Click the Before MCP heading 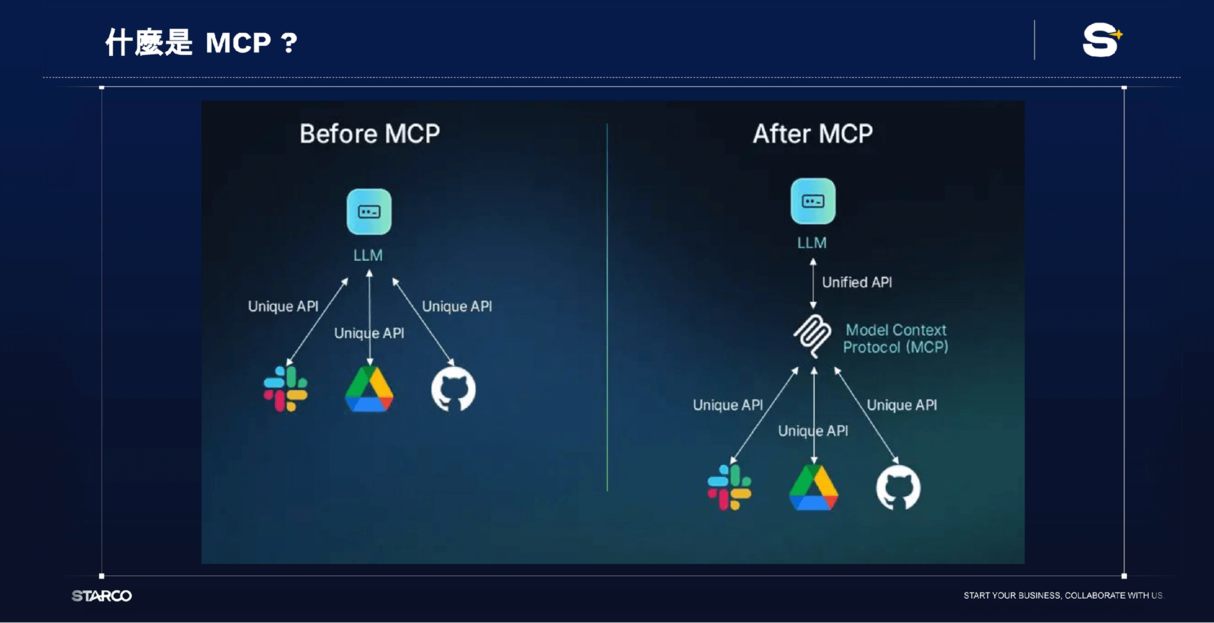369,134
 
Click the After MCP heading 813,134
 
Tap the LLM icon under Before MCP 369,212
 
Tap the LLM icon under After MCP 813,201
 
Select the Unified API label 856,282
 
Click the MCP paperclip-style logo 812,336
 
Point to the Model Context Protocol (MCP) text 895,339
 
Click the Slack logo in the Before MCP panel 285,389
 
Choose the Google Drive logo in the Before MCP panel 369,389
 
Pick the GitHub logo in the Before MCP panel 453,389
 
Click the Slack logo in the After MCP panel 729,487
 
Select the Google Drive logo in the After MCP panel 813,488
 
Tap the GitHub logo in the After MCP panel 898,488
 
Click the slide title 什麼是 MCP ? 201,43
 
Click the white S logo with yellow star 1101,40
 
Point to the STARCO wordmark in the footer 102,596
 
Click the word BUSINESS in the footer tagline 1039,596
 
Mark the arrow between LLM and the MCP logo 813,283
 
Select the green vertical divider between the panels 607,308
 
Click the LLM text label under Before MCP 368,256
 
